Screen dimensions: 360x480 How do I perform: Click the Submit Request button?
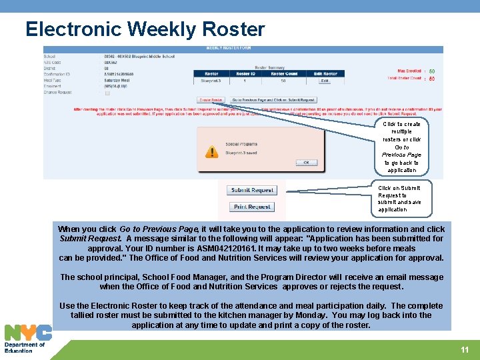(253, 191)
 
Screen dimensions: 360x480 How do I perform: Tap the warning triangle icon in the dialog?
(211, 152)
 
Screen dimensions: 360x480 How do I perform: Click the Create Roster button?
(211, 100)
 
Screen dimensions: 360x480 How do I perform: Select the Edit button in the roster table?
(325, 81)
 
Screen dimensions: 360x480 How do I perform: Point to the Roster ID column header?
(245, 74)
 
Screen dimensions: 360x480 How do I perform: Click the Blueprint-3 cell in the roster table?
(211, 81)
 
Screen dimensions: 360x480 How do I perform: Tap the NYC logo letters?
(28, 333)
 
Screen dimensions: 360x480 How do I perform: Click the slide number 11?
(465, 350)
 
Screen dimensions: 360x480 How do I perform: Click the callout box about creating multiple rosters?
(401, 147)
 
